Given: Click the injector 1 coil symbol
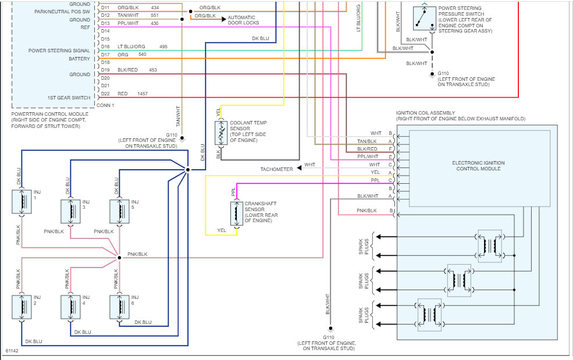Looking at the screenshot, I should pos(22,202).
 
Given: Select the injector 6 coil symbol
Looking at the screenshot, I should pos(120,307).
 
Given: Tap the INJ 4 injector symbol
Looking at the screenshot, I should pos(71,307).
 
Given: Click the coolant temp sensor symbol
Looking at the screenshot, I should pos(220,134).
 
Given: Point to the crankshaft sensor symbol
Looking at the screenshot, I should pos(236,213).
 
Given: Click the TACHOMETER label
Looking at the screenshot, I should pos(276,169).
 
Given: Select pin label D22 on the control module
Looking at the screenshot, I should pos(105,94).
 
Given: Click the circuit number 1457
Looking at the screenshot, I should pos(143,94).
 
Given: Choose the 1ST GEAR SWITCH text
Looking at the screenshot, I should pos(69,98).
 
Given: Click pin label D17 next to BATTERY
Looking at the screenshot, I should pos(105,55).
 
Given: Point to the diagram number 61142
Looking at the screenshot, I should pos(12,352).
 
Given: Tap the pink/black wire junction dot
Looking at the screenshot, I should pos(119,257).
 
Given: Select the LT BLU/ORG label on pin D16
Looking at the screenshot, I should pos(131,47).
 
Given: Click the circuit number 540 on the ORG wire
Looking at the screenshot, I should pos(142,55).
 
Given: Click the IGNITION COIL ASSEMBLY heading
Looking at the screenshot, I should pos(426,113).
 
